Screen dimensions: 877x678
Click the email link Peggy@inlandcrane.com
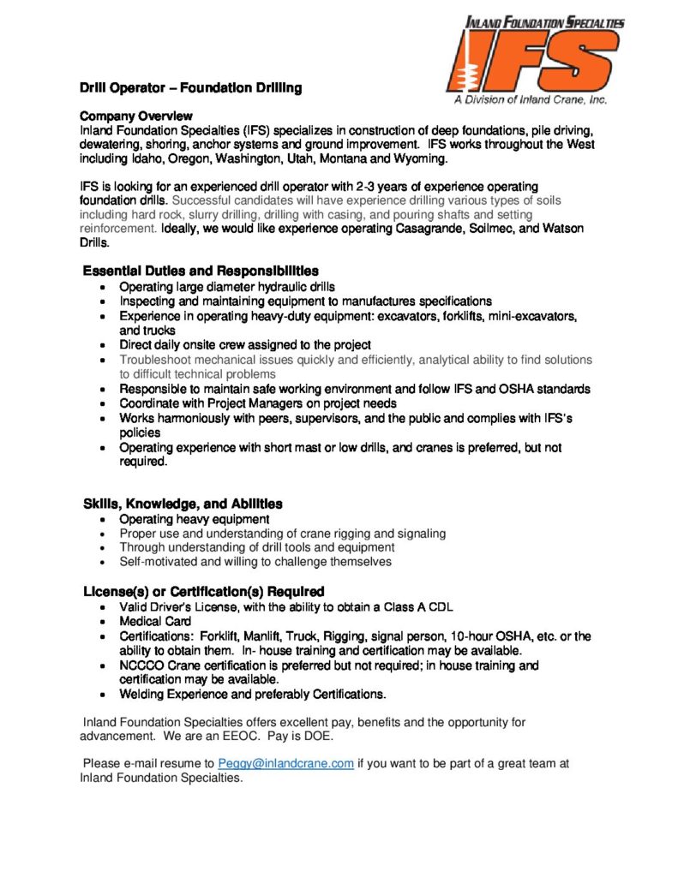tap(285, 764)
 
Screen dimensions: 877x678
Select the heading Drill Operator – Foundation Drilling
tap(190, 88)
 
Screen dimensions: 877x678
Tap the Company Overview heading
tap(136, 116)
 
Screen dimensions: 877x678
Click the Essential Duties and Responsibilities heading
tap(201, 271)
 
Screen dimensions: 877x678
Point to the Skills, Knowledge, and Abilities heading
tap(183, 504)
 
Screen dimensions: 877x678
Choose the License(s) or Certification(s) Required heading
tap(203, 592)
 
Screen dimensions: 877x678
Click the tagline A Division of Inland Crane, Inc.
tap(531, 100)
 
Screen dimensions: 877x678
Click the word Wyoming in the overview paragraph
tap(419, 159)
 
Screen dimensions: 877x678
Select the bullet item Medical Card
tap(155, 622)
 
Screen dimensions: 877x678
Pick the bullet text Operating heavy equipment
tap(195, 519)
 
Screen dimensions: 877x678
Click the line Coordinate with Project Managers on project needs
tap(258, 403)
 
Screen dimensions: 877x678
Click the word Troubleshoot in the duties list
tap(157, 360)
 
